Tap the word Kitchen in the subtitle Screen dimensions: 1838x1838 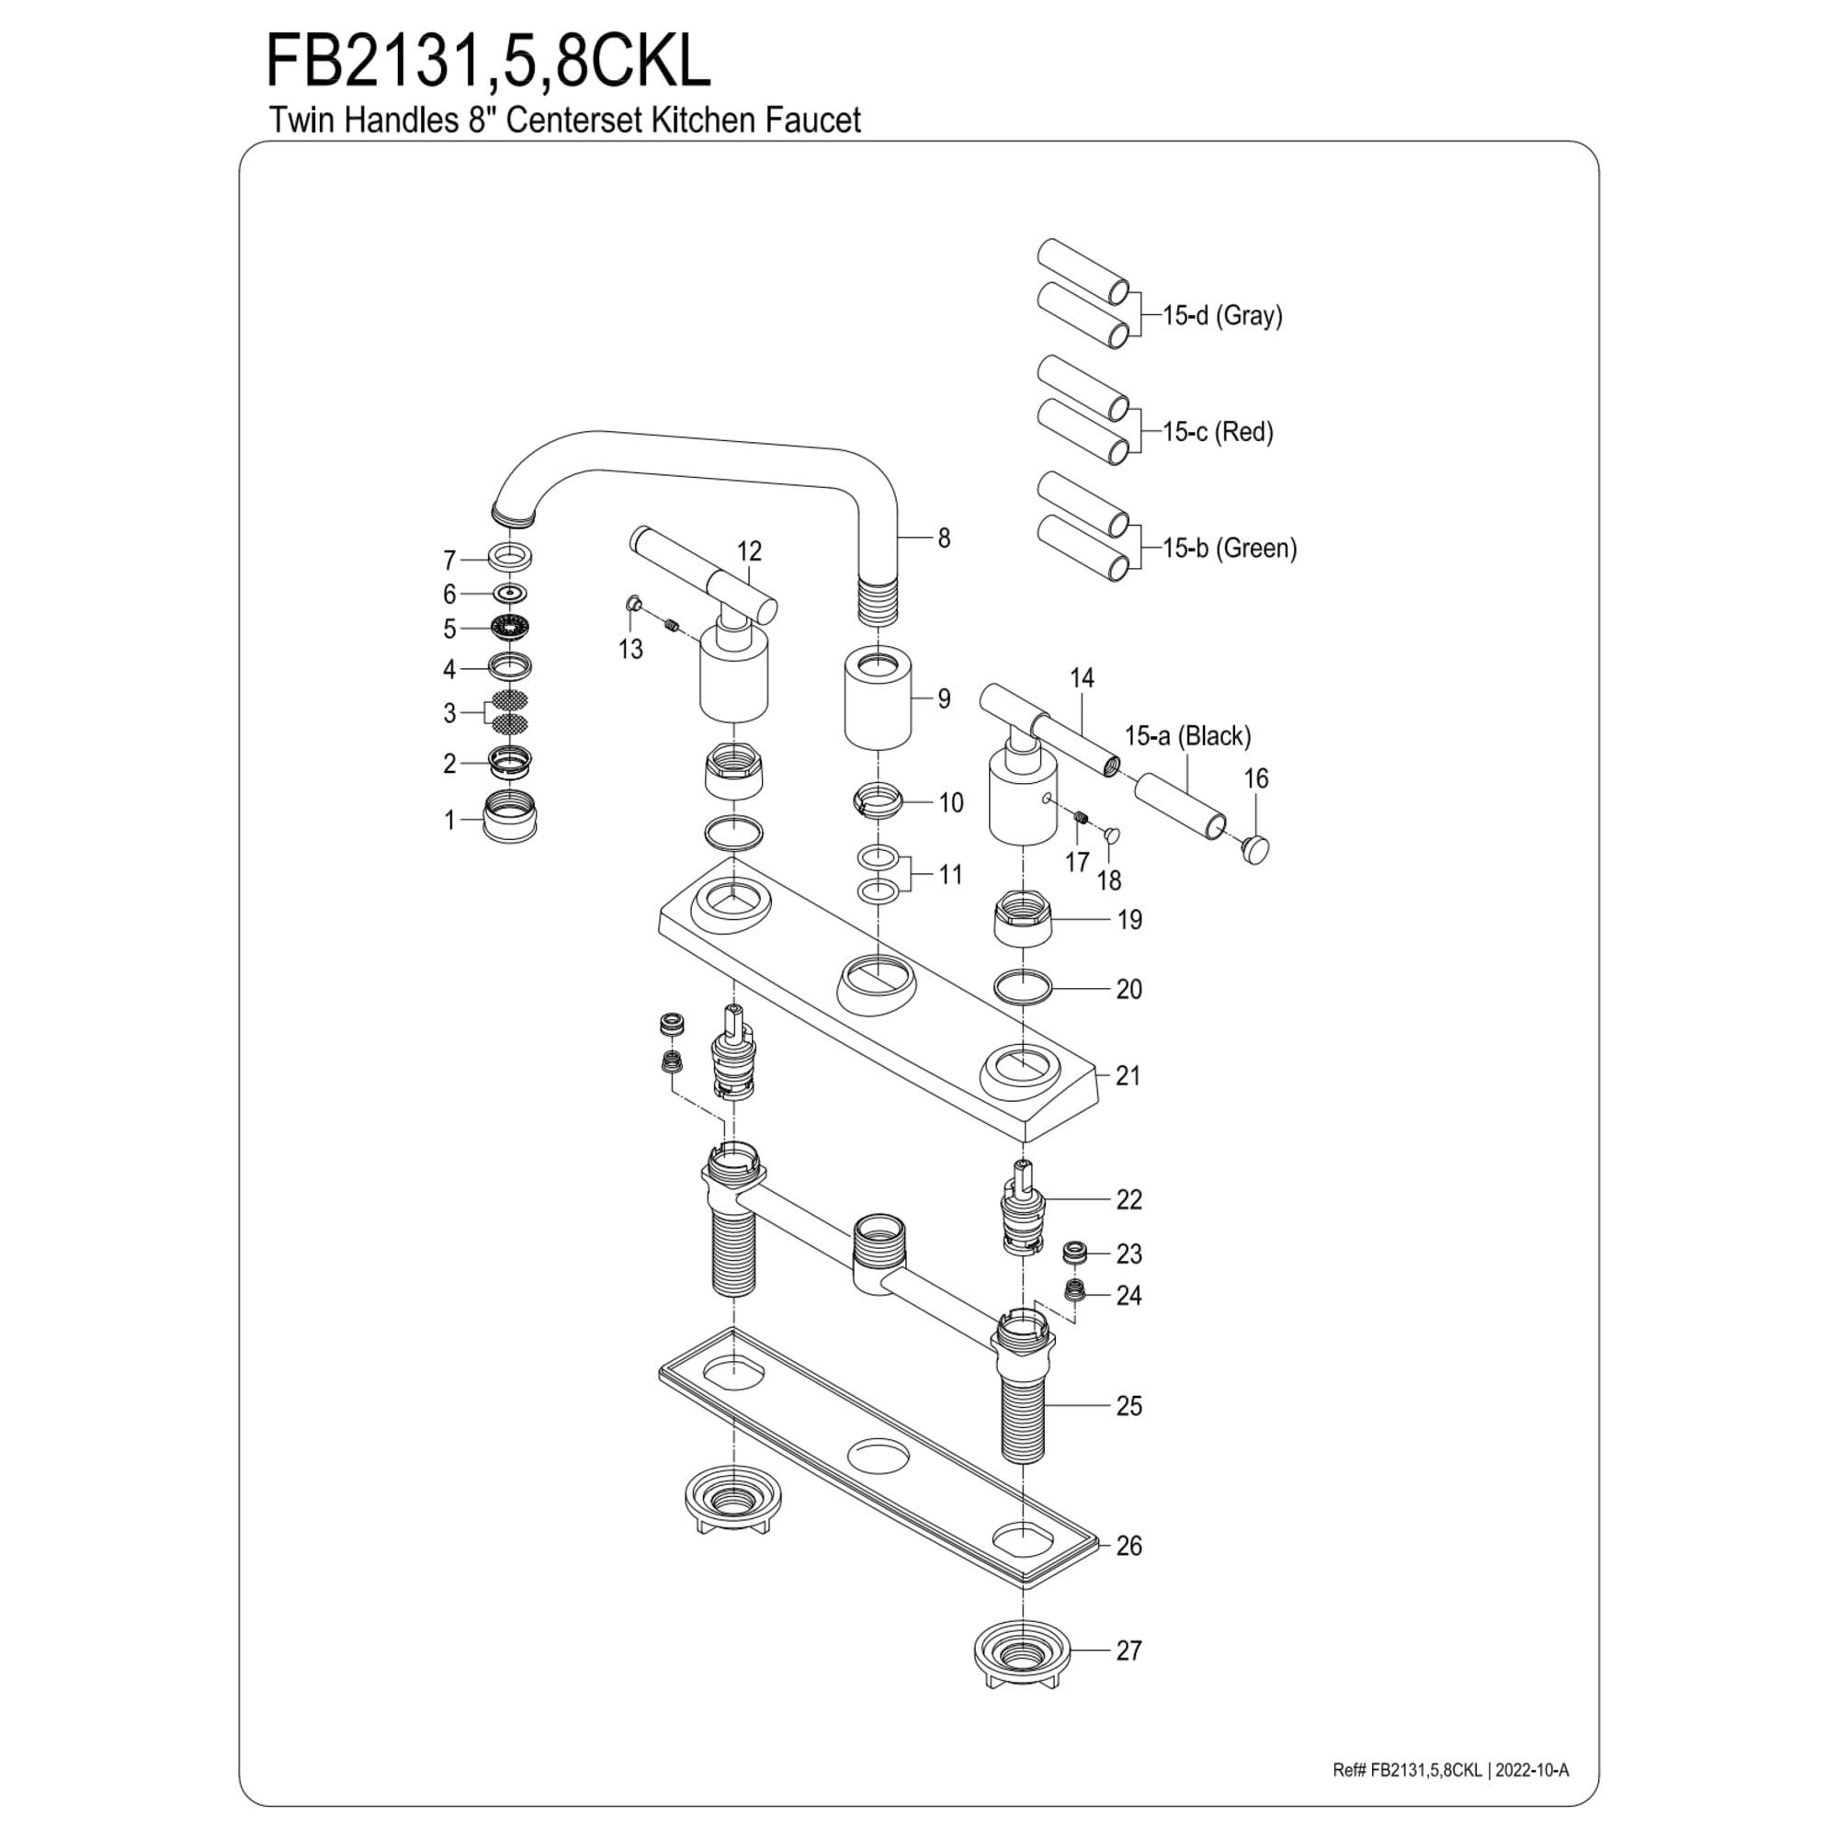click(703, 120)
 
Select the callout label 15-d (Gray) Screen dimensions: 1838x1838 click(1222, 315)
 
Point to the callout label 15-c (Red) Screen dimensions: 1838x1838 click(1218, 432)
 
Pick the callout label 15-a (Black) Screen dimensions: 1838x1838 click(1188, 735)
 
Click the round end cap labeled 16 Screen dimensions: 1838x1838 click(1255, 847)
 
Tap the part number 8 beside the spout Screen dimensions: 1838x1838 click(944, 539)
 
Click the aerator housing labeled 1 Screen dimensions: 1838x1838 click(510, 817)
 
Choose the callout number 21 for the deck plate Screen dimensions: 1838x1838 click(1129, 1076)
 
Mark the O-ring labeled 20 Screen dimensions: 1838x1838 click(1023, 988)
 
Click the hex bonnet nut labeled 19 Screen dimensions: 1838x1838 click(1023, 917)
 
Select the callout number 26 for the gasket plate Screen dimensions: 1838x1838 click(1129, 1546)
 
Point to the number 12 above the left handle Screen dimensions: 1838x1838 click(750, 550)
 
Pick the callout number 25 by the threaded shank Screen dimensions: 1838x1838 click(1129, 1406)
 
